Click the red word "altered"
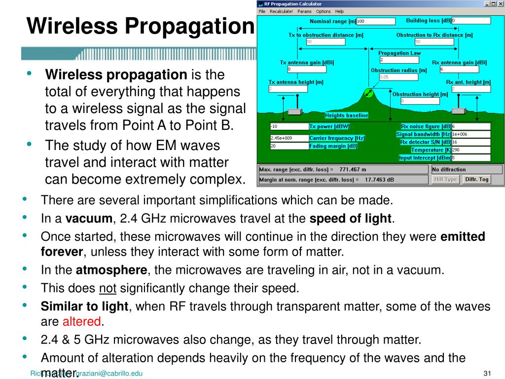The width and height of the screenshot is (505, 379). (x=81, y=322)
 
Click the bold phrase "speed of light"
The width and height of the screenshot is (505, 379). (x=351, y=219)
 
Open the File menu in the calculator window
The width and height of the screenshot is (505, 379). (x=262, y=11)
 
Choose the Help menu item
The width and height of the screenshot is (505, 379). (x=339, y=11)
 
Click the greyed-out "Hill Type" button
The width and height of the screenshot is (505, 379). (x=445, y=180)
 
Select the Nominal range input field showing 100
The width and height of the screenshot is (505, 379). (x=375, y=21)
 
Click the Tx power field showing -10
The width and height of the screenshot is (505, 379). (x=289, y=126)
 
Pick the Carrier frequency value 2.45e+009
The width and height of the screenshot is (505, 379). (x=289, y=138)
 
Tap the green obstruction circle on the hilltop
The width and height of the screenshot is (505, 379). (x=369, y=93)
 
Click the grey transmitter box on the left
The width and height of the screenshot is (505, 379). (x=295, y=112)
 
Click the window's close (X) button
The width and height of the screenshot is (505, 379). (x=500, y=3)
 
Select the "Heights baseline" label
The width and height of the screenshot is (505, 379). (x=347, y=115)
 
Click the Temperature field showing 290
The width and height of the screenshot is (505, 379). (x=471, y=150)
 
